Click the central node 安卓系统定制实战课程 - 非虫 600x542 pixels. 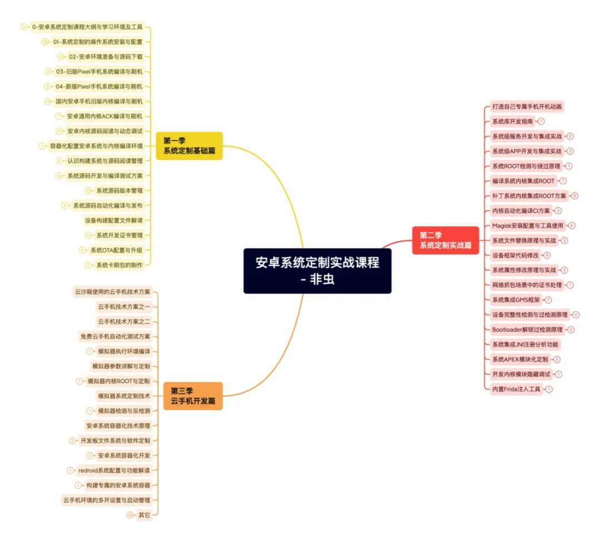[x=317, y=270]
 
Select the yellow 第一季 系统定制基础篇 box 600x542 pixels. [x=189, y=145]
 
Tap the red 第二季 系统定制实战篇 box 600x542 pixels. [x=446, y=240]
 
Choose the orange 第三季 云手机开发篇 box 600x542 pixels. [x=193, y=395]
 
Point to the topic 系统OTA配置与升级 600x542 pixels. [x=116, y=250]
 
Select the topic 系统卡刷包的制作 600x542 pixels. [x=119, y=265]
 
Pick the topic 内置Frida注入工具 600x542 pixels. [x=516, y=389]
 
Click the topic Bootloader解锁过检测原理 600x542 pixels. [x=527, y=329]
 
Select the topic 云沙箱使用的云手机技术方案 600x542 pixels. [x=112, y=292]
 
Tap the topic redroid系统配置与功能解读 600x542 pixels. [x=114, y=470]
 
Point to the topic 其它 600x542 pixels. [x=144, y=515]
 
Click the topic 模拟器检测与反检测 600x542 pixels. [x=123, y=411]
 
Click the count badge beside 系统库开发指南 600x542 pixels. [x=541, y=121]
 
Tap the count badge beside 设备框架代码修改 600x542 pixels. [x=547, y=255]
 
